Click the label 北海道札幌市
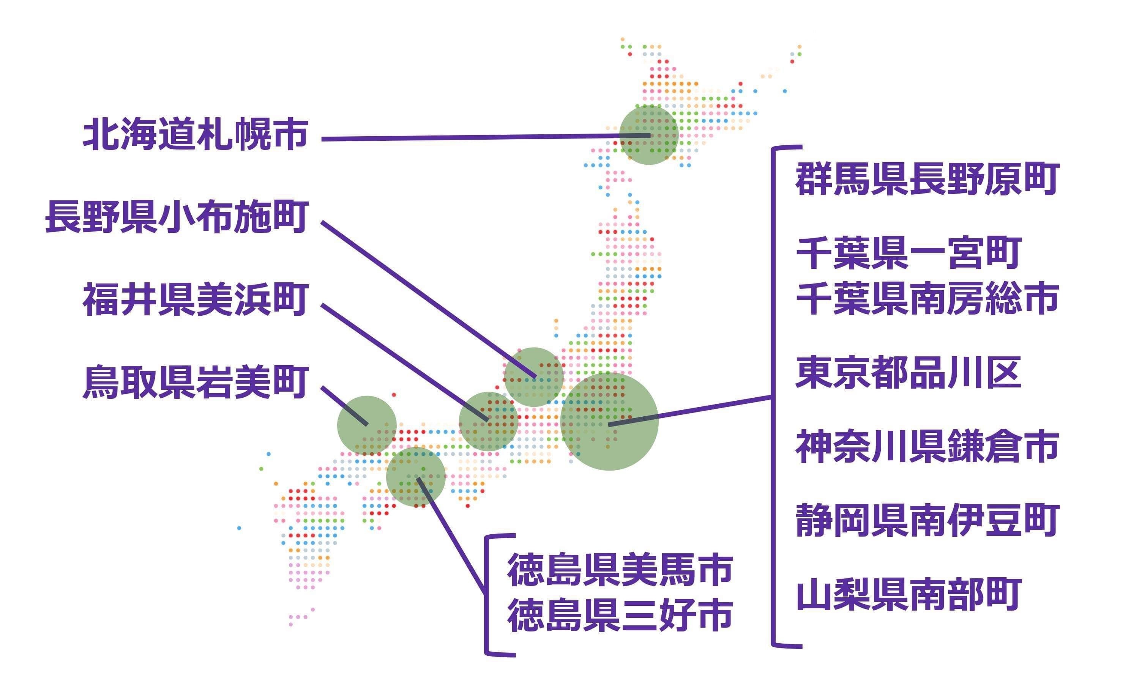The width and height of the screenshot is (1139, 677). pyautogui.click(x=195, y=135)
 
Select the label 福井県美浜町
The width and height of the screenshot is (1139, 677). pyautogui.click(x=195, y=300)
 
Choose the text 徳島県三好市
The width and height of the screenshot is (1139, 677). pyautogui.click(x=620, y=616)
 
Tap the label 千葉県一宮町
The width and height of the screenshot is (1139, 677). pyautogui.click(x=908, y=253)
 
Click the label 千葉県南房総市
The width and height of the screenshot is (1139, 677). pyautogui.click(x=927, y=298)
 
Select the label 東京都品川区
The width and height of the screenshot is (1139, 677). pyautogui.click(x=908, y=373)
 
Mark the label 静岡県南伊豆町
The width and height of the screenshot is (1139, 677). pyautogui.click(x=927, y=521)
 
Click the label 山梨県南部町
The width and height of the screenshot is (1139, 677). pyautogui.click(x=908, y=594)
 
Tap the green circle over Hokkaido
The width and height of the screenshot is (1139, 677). pyautogui.click(x=648, y=135)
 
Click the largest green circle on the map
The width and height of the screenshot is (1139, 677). pyautogui.click(x=609, y=422)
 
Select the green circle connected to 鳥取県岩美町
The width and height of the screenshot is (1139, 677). pyautogui.click(x=367, y=425)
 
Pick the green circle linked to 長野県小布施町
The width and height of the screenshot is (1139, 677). pyautogui.click(x=533, y=377)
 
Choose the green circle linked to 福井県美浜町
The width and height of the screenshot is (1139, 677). pyautogui.click(x=488, y=422)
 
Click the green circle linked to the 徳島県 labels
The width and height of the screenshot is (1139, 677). pyautogui.click(x=416, y=477)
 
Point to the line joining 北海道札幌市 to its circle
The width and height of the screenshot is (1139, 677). pyautogui.click(x=486, y=137)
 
